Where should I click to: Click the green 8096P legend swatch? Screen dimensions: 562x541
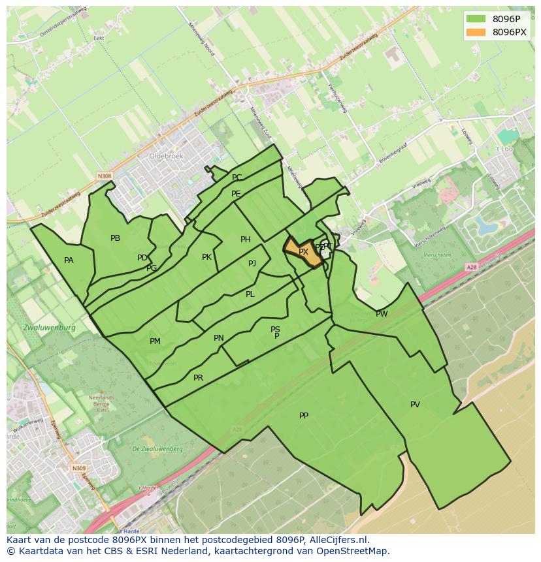475,19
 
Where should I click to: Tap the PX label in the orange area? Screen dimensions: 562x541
303,252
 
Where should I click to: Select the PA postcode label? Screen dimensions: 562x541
69,260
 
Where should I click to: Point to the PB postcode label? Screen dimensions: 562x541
115,238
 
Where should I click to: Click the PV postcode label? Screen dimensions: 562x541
415,405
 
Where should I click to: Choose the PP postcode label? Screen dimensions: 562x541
304,416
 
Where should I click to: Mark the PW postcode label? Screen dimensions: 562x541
382,314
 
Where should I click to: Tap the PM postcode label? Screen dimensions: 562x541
155,341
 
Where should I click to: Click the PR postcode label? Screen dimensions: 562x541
198,378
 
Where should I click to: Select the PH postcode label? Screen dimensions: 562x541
246,240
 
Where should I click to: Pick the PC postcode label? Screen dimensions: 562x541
237,178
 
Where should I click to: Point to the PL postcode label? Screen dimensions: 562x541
250,294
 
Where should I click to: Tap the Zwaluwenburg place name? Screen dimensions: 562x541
49,328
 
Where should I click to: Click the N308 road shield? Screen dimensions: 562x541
104,176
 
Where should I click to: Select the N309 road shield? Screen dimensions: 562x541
78,468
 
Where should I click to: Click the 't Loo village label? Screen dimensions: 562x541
504,149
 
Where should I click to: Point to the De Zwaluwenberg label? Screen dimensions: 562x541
157,449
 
